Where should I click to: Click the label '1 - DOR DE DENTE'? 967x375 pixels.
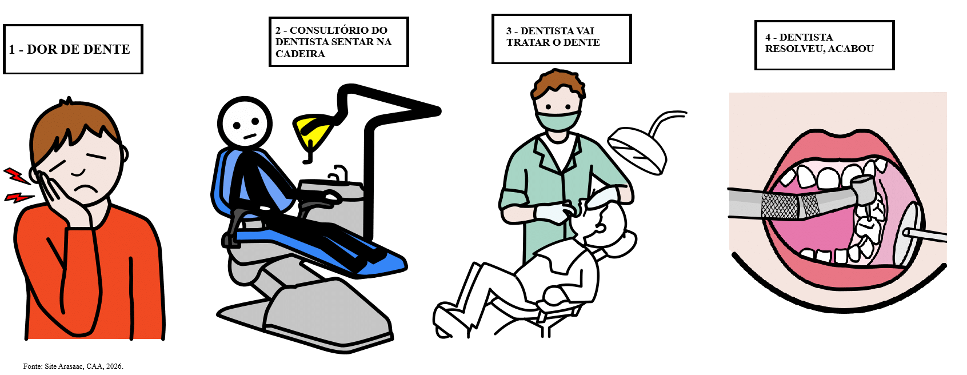70,50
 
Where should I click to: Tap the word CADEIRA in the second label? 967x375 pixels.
300,54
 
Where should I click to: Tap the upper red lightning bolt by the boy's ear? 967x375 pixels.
17,175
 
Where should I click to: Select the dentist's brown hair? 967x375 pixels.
558,83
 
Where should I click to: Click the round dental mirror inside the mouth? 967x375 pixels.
912,233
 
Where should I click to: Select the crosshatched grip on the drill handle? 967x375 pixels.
790,206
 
